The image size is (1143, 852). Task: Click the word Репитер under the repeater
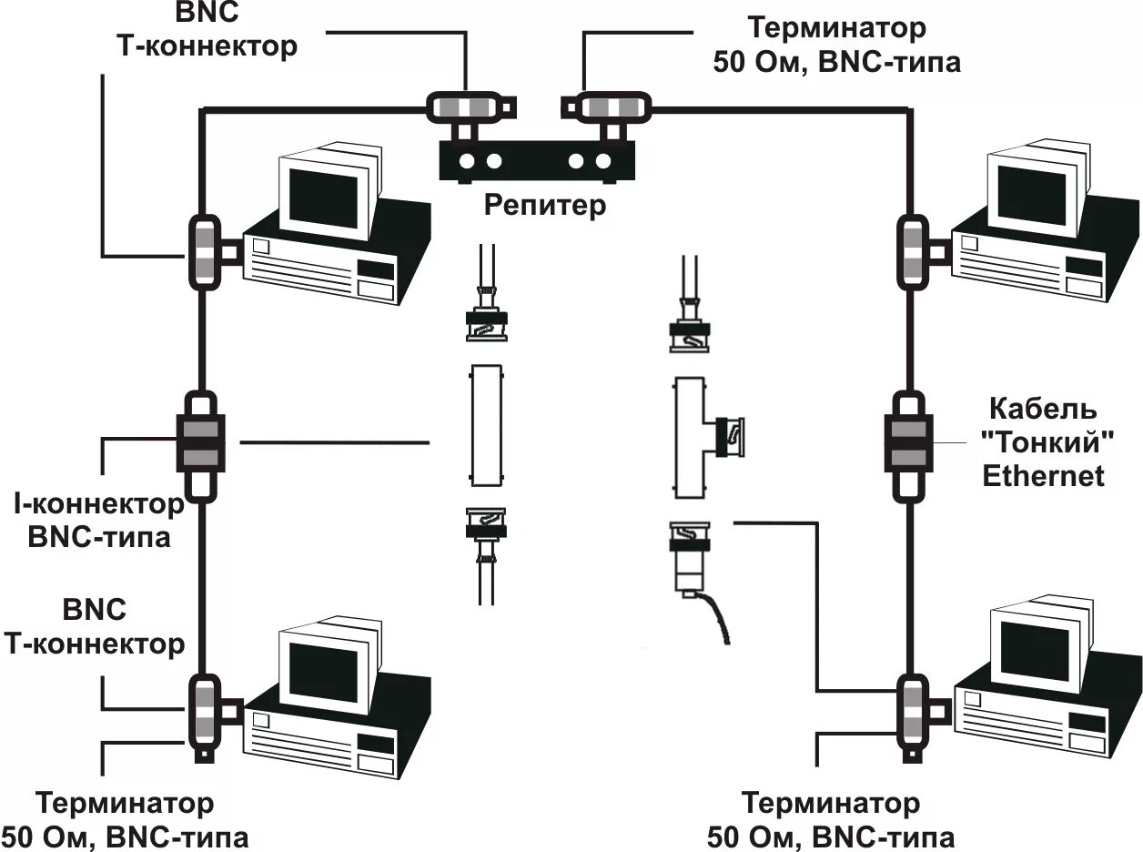click(x=545, y=207)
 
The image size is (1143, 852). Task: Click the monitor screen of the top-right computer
click(x=1031, y=194)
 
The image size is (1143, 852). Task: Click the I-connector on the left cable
click(x=201, y=446)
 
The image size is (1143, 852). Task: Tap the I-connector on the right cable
click(x=909, y=446)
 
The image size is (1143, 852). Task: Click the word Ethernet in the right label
click(x=1043, y=476)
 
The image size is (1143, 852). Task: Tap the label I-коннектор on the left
click(x=99, y=504)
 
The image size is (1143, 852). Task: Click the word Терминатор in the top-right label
click(x=837, y=28)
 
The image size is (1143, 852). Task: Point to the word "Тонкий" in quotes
click(x=1047, y=443)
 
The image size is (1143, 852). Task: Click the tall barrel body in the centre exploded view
click(x=487, y=425)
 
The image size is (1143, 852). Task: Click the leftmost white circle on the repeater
click(x=467, y=161)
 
